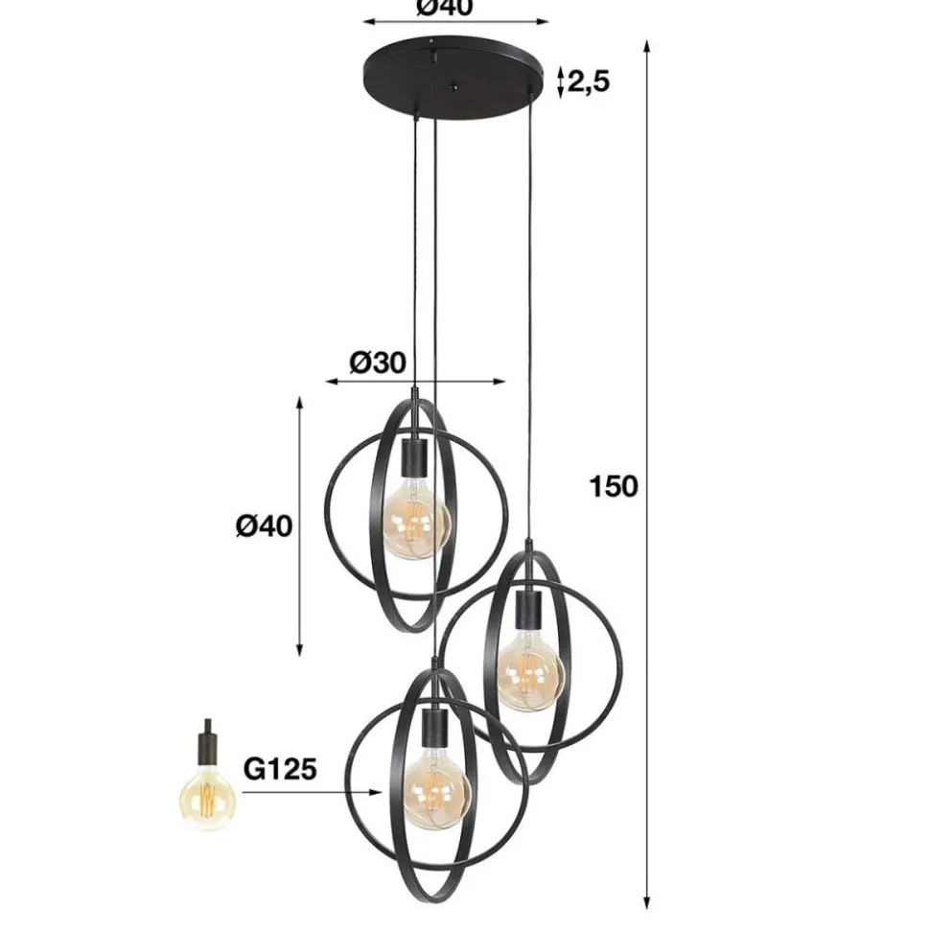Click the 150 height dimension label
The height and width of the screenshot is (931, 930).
pyautogui.click(x=614, y=486)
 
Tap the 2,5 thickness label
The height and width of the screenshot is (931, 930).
pyautogui.click(x=589, y=81)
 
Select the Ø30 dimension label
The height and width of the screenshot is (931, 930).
pyautogui.click(x=378, y=362)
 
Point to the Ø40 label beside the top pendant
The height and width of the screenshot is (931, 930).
pyautogui.click(x=265, y=526)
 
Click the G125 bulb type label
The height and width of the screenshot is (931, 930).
pyautogui.click(x=280, y=770)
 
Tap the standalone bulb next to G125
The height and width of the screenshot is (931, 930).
pyautogui.click(x=207, y=798)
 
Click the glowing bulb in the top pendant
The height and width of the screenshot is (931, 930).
pyautogui.click(x=415, y=520)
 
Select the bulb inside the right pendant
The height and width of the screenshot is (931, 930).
pyautogui.click(x=528, y=672)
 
